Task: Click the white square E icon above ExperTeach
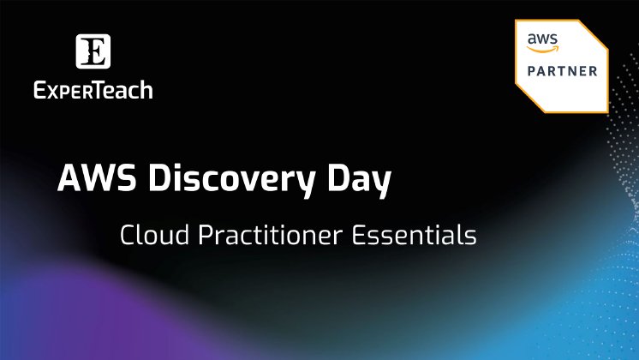click(93, 52)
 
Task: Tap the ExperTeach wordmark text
click(93, 88)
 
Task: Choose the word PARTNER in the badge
click(562, 71)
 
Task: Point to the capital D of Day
click(340, 179)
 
